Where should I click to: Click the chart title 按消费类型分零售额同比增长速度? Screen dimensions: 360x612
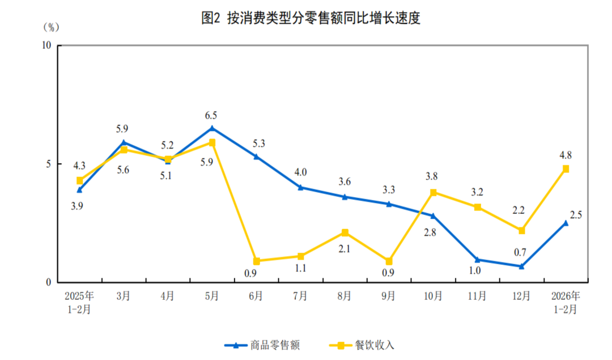click(x=311, y=18)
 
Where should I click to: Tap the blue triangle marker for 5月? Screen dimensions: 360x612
click(x=212, y=128)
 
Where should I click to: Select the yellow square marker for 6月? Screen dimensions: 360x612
click(x=256, y=261)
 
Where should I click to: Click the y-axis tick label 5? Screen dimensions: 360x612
click(x=49, y=164)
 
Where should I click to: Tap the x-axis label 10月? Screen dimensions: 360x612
click(x=433, y=296)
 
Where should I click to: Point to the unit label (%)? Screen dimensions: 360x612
click(x=50, y=26)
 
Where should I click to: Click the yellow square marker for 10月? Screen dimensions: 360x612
click(x=433, y=192)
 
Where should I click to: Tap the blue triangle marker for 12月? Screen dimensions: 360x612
click(x=521, y=266)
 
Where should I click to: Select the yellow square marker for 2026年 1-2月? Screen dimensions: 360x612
click(x=566, y=168)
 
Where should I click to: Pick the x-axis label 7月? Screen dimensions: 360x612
click(x=300, y=296)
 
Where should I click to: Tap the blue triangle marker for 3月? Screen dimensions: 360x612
click(x=124, y=142)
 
